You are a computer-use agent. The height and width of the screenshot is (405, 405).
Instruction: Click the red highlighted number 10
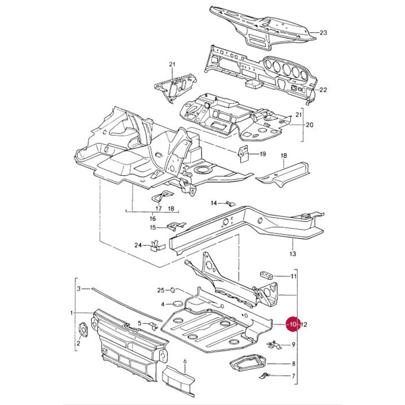coord(293,325)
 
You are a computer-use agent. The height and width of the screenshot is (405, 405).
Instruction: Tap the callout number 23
coord(323,33)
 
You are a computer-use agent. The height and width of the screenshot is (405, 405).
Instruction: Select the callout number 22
coord(323,90)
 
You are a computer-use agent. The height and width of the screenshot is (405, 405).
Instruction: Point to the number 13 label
coord(292,254)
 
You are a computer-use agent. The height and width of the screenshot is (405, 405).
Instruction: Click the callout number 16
coord(152,219)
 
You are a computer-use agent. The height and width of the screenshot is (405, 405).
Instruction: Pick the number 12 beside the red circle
coord(304,325)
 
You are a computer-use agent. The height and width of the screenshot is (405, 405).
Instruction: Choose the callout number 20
coord(309,125)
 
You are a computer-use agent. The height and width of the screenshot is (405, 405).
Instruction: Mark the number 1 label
coord(72,313)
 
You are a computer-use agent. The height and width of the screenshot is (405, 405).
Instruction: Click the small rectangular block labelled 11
coord(267,275)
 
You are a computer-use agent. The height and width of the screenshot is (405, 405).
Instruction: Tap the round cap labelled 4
coord(177,304)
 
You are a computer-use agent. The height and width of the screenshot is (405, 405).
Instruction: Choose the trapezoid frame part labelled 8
coord(247,362)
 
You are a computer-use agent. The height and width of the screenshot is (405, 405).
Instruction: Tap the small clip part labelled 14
coord(231,203)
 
